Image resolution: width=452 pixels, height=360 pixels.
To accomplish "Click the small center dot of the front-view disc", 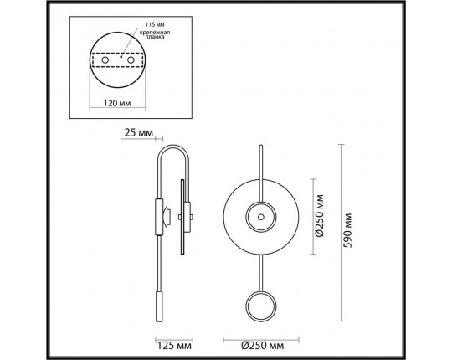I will coord(259,218).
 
